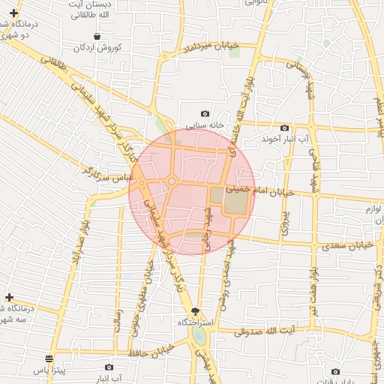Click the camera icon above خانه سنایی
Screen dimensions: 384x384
pyautogui.click(x=205, y=113)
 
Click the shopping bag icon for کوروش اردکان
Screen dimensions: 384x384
pyautogui.click(x=97, y=36)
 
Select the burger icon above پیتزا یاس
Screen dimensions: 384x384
pyautogui.click(x=49, y=358)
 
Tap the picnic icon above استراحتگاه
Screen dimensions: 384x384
pyautogui.click(x=196, y=310)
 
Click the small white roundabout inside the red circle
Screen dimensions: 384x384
pyautogui.click(x=172, y=181)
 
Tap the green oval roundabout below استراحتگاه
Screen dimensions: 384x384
pyautogui.click(x=199, y=334)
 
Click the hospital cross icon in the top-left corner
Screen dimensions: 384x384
pyautogui.click(x=13, y=13)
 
